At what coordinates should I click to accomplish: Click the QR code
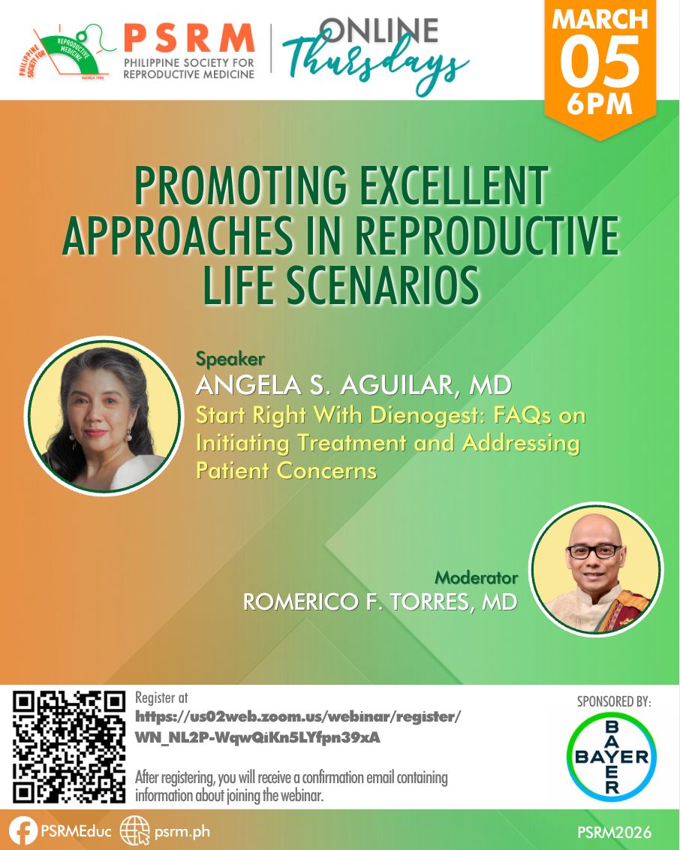[x=69, y=746]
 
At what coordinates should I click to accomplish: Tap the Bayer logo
[x=611, y=757]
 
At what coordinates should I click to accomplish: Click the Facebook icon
[x=23, y=831]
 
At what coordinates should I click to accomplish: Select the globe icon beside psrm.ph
[x=134, y=831]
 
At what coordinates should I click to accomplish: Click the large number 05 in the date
[x=600, y=62]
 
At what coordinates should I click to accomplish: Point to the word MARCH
[x=600, y=20]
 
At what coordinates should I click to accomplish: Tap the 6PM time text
[x=600, y=104]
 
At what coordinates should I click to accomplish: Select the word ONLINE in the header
[x=379, y=30]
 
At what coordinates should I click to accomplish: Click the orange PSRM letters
[x=189, y=38]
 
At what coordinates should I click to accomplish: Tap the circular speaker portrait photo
[x=104, y=416]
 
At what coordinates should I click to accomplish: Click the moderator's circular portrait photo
[x=596, y=568]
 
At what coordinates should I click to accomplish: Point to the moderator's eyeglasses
[x=594, y=551]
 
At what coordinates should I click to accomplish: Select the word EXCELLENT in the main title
[x=453, y=186]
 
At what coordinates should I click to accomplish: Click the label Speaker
[x=230, y=359]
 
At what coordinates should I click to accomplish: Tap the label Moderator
[x=477, y=577]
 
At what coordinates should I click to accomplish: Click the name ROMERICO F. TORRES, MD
[x=380, y=601]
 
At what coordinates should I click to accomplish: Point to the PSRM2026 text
[x=615, y=832]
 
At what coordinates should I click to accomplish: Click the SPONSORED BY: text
[x=614, y=701]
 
